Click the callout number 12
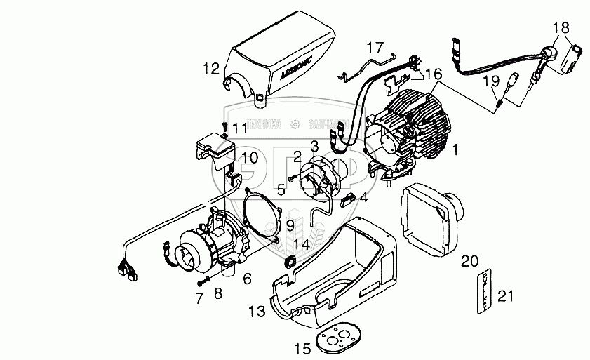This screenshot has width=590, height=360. point(211,69)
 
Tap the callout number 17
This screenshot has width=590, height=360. point(375,48)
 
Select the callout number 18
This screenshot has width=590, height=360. point(561,28)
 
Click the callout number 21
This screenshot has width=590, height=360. point(506,296)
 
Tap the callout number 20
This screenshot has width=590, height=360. point(469,262)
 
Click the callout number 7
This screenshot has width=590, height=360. point(199,298)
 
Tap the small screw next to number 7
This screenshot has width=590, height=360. point(204,281)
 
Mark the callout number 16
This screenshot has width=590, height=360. point(434,74)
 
